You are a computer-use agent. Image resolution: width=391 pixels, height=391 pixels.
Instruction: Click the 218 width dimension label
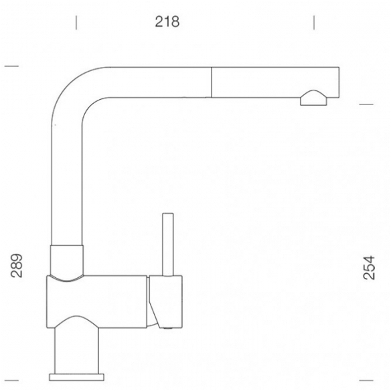(167, 21)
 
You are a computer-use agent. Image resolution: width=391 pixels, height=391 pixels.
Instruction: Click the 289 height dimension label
(17, 266)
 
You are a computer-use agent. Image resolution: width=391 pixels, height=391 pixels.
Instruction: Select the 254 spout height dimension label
(369, 268)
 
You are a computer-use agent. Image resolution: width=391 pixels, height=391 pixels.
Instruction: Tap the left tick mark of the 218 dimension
(76, 23)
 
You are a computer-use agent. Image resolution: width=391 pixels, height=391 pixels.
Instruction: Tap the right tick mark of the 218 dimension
(314, 23)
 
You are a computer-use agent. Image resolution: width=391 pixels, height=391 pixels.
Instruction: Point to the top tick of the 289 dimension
(12, 66)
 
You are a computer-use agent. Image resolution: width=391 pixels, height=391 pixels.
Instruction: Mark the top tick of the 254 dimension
(366, 104)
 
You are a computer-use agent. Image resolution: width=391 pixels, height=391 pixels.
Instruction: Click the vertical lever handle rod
(168, 244)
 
